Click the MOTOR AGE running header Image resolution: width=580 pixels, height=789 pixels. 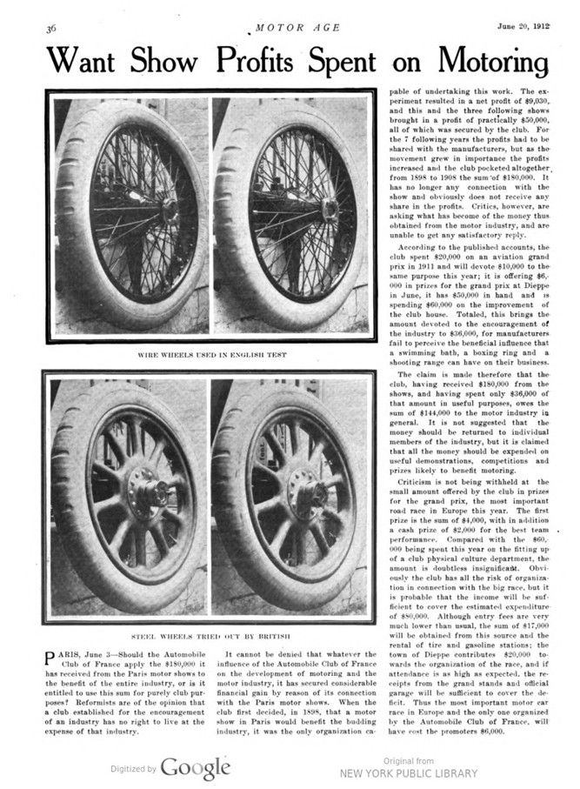pos(291,27)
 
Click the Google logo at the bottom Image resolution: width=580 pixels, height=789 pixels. pos(195,768)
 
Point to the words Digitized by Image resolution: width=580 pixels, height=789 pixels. pos(133,769)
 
